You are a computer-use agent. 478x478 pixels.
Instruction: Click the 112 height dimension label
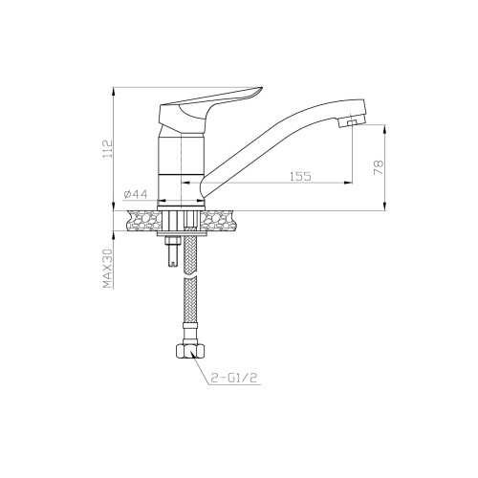(x=109, y=148)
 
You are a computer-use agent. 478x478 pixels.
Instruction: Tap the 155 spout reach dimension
(x=300, y=176)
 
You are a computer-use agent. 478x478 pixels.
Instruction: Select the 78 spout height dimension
(x=379, y=167)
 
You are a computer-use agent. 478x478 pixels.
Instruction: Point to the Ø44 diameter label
(x=136, y=194)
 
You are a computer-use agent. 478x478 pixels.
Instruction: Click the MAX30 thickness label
(x=108, y=269)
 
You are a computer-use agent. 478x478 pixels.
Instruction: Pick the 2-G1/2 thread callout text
(x=234, y=378)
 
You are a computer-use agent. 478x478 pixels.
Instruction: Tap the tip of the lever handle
(x=261, y=88)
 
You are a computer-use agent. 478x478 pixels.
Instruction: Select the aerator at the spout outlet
(x=351, y=122)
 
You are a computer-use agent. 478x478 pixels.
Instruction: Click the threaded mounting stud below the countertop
(x=172, y=251)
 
